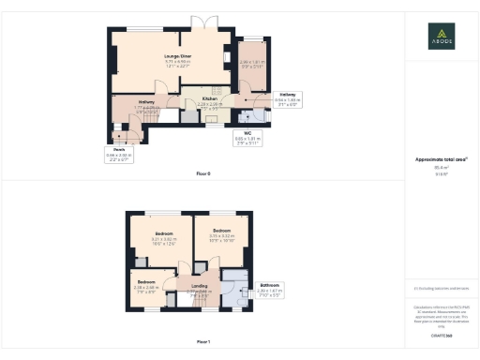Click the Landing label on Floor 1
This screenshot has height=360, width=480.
pyautogui.click(x=200, y=287)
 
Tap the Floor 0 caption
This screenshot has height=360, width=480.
pyautogui.click(x=203, y=174)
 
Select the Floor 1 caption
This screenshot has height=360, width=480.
pyautogui.click(x=203, y=343)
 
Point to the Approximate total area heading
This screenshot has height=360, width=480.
pyautogui.click(x=441, y=159)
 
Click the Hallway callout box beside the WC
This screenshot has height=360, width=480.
pyautogui.click(x=287, y=98)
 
